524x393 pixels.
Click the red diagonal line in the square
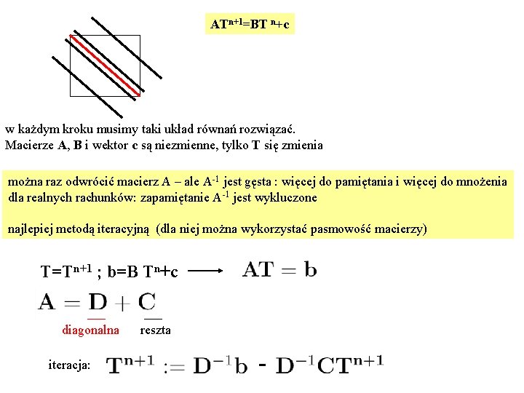[x=106, y=64]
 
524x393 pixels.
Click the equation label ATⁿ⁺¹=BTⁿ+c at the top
[x=250, y=25]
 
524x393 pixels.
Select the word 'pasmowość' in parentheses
[x=338, y=229]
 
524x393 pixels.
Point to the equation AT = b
[x=279, y=270]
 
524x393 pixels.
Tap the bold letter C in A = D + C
[x=146, y=301]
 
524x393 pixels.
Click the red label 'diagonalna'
[x=90, y=330]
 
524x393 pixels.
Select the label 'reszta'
[x=155, y=330]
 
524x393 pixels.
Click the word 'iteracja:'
[x=69, y=364]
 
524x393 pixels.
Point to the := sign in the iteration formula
[x=173, y=365]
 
